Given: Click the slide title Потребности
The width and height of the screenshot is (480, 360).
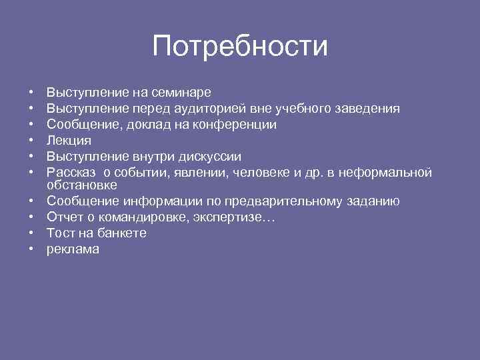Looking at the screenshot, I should coord(240,47).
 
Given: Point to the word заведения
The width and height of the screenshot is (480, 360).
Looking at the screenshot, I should coord(369,109).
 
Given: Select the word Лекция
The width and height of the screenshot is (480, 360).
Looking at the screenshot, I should coord(69,141).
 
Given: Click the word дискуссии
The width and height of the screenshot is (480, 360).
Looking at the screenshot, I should coord(211,157).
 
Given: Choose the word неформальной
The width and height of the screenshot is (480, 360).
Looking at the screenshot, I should coord(386,173).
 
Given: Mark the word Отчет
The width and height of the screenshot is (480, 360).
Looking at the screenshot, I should coord(65,217).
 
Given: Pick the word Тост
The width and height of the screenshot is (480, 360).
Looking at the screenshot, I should coord(61,233).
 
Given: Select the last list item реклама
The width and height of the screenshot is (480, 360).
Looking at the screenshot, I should coord(72,250).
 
